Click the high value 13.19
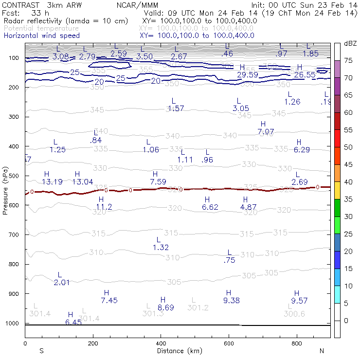point(52,182)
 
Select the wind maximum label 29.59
point(247,74)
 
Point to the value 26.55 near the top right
point(305,74)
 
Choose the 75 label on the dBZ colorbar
point(348,60)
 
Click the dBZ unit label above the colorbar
point(350,43)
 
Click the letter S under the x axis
point(42,351)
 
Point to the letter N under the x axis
point(321,351)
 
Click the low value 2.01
point(62,283)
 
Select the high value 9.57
point(300,301)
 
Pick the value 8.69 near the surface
point(166,307)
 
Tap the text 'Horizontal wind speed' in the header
point(41,36)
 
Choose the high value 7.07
point(266,132)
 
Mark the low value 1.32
point(161,248)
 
